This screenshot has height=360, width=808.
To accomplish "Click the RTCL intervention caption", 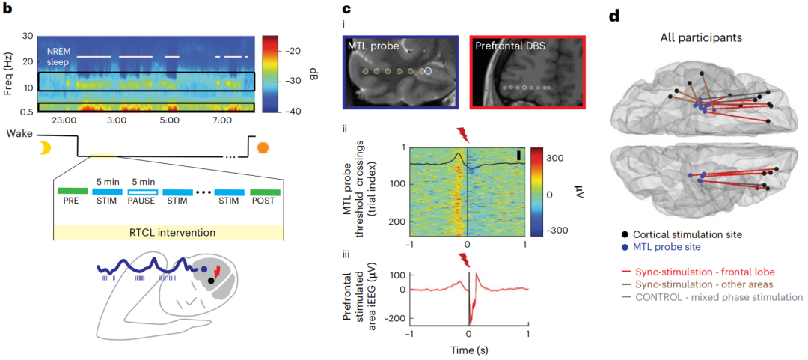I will click(x=168, y=231).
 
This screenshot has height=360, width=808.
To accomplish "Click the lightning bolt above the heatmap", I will click(x=465, y=135).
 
